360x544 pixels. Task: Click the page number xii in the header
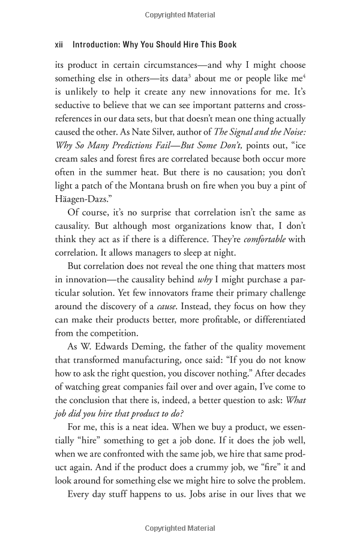click(59, 44)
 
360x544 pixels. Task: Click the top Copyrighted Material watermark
click(180, 13)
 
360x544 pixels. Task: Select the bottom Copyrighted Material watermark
click(180, 528)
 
